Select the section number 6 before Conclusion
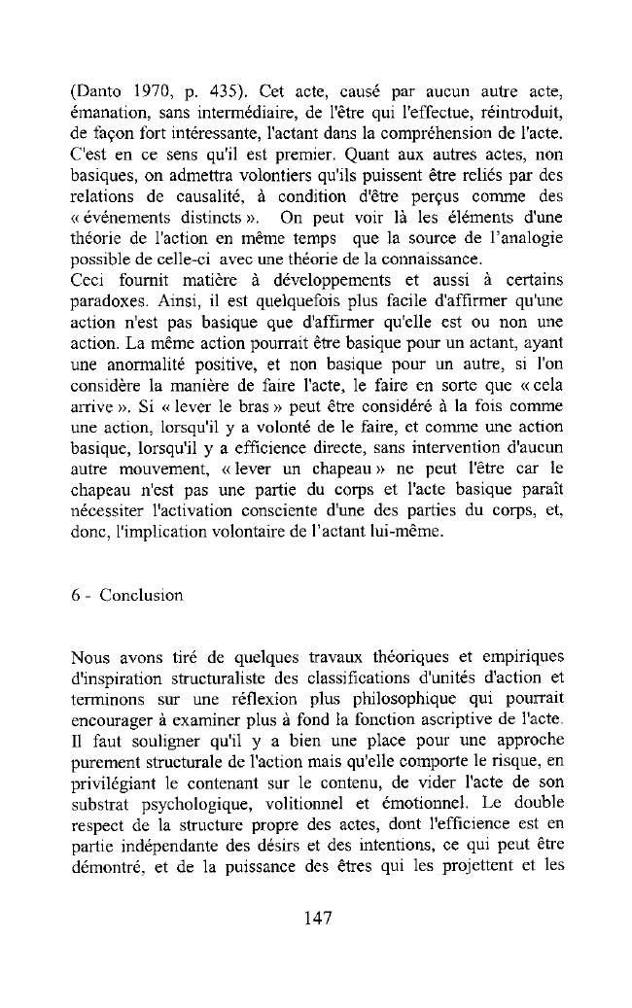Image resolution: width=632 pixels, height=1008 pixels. [75, 595]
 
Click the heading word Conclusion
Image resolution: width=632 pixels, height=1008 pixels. [141, 595]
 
